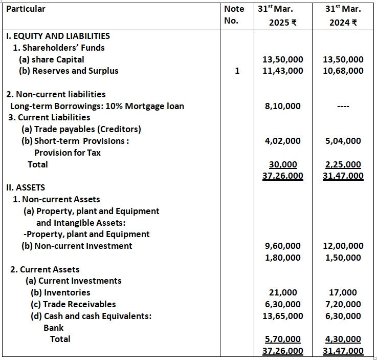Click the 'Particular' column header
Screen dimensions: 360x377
pos(26,9)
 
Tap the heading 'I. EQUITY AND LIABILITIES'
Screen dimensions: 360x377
pos(58,36)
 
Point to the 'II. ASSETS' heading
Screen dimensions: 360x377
pos(26,187)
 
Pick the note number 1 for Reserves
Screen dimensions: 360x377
pos(236,71)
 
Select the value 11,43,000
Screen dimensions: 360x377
pos(282,71)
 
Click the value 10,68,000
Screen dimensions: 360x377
pos(343,71)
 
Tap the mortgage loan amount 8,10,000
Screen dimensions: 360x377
pos(282,106)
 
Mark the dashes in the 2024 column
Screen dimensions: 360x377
pos(343,107)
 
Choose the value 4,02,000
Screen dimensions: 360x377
pos(282,141)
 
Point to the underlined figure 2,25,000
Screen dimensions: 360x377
pos(343,164)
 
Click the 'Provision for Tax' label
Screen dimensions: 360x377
pos(68,153)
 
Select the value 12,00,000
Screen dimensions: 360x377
pos(343,246)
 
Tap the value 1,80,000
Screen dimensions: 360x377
pos(282,258)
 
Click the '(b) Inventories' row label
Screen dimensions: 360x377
pos(60,292)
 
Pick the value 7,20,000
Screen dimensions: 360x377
pos(343,304)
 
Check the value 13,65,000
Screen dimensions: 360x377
pos(282,316)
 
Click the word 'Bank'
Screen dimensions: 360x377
pos(53,328)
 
